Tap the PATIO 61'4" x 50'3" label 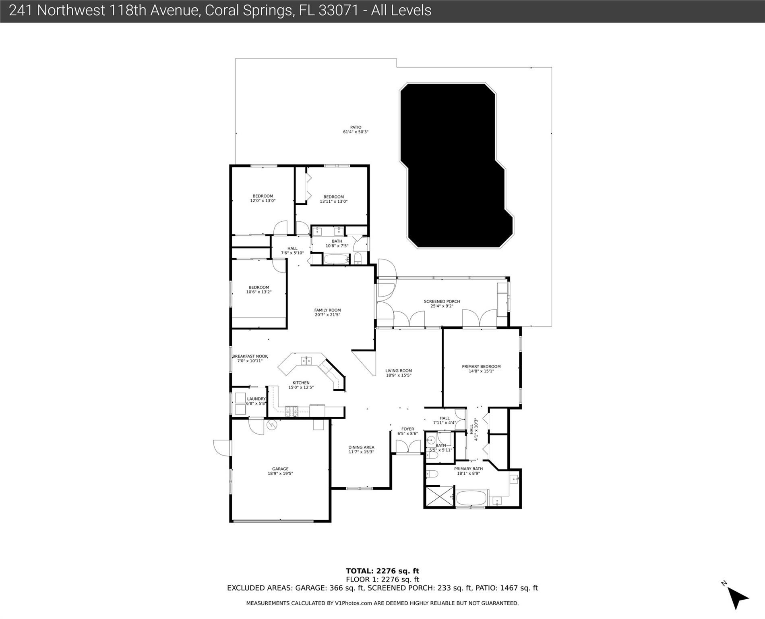356,130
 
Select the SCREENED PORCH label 442,303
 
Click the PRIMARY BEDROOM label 481,369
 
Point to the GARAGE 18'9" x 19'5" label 280,471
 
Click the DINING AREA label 361,449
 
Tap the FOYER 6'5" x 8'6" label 407,431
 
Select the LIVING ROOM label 398,373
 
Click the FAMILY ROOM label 327,312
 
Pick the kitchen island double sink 306,360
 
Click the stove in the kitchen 291,411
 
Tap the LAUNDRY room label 256,401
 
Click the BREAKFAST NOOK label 250,358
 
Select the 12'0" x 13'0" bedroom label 263,198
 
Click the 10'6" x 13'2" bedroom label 258,289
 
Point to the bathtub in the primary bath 471,498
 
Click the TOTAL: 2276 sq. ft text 382,571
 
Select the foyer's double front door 407,447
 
